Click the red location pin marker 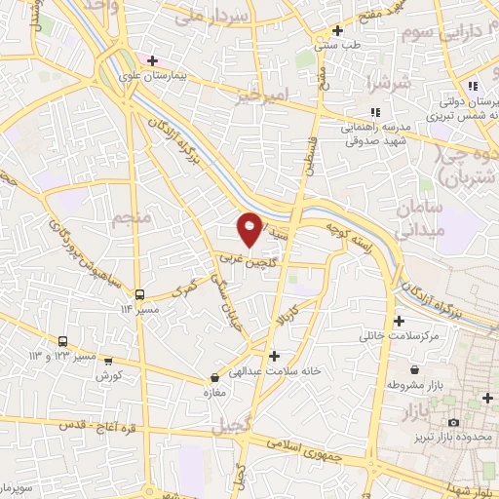pyautogui.click(x=250, y=227)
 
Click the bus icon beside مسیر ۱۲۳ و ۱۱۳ pyautogui.click(x=63, y=341)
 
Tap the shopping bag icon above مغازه pyautogui.click(x=214, y=376)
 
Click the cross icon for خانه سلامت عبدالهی pyautogui.click(x=274, y=356)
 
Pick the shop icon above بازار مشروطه pyautogui.click(x=417, y=369)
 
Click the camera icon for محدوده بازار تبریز pyautogui.click(x=453, y=421)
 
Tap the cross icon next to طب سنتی pyautogui.click(x=337, y=30)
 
